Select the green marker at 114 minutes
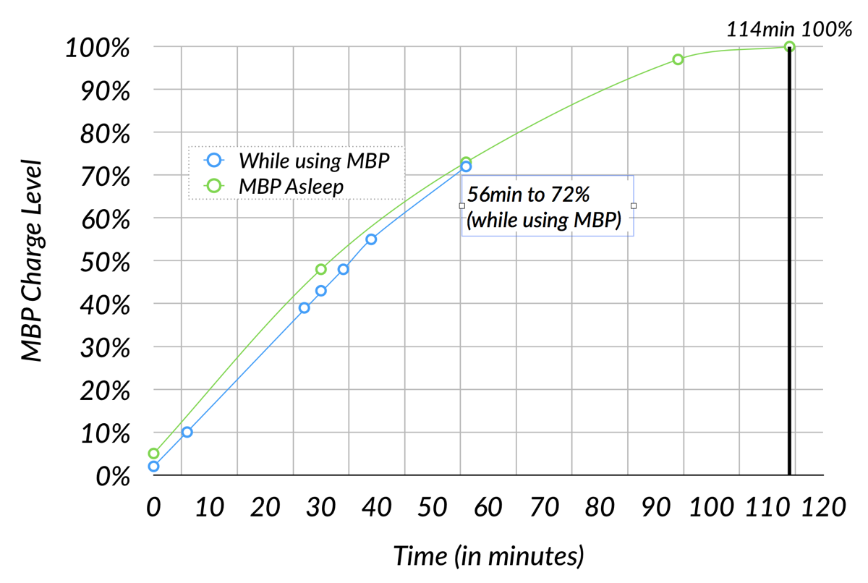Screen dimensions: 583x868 (790, 47)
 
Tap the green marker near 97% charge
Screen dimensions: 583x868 (678, 59)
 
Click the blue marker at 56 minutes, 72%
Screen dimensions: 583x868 (466, 166)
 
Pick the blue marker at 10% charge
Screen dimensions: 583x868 (187, 432)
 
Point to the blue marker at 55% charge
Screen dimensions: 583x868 (371, 239)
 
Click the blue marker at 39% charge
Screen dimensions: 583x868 (304, 307)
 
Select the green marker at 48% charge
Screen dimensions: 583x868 (321, 269)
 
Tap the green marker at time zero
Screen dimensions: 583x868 (153, 454)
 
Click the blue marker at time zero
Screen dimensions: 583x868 (153, 467)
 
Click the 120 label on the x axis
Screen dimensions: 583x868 (823, 507)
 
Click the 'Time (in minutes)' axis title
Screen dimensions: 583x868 (488, 556)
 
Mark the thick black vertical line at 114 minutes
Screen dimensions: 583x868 (789, 289)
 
